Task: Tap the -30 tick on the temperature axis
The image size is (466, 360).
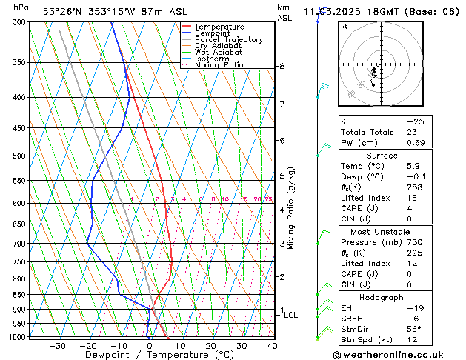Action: (x=57, y=345)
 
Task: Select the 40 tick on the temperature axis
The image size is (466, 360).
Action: (x=272, y=345)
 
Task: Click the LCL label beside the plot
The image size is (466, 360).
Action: (x=291, y=315)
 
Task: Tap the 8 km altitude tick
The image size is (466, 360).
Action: (x=282, y=67)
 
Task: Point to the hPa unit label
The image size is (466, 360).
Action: (x=21, y=7)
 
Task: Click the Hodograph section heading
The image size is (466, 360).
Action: (x=382, y=297)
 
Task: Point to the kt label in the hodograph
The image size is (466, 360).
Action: (x=344, y=26)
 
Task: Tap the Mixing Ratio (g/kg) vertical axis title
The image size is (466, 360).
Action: (x=290, y=208)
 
